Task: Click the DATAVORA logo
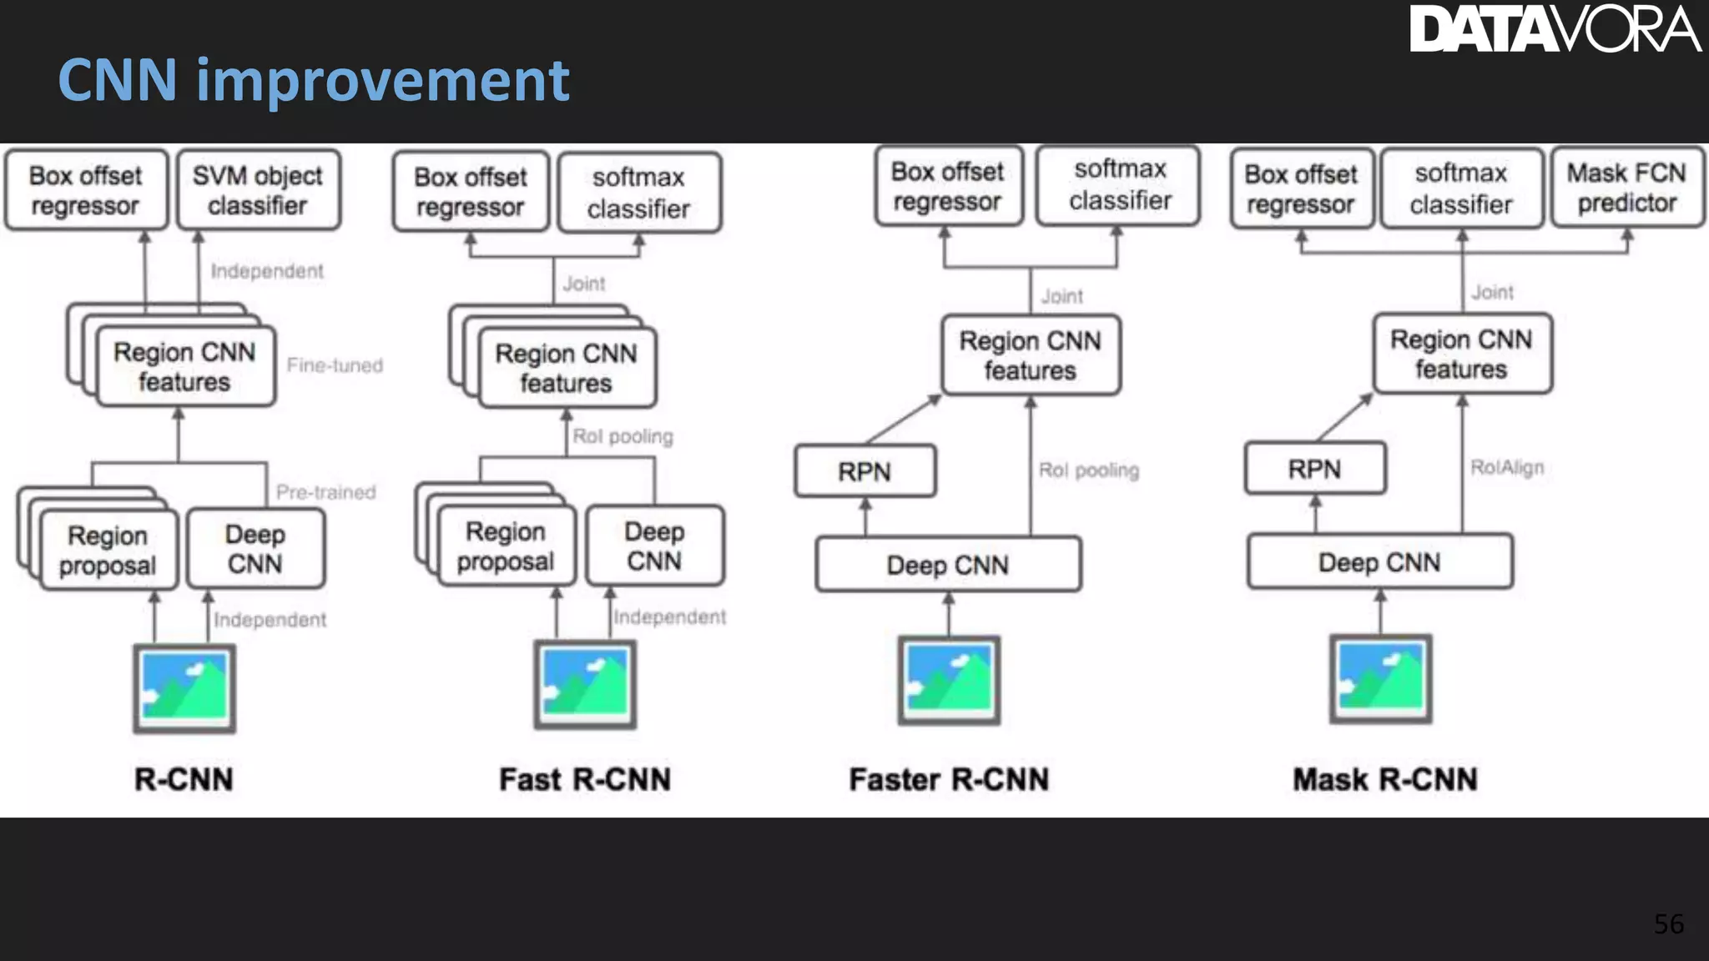coord(1554,29)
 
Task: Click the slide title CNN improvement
coord(313,80)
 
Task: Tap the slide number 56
coord(1668,923)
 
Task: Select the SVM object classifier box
coord(258,190)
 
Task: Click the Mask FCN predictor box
coord(1626,188)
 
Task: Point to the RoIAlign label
coord(1507,467)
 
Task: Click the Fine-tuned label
coord(335,365)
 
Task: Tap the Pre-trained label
coord(325,492)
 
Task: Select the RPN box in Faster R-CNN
coord(865,471)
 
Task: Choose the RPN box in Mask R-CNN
coord(1314,469)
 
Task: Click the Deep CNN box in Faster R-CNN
coord(948,565)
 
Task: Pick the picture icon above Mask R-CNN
coord(1380,679)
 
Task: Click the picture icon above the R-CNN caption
coord(184,688)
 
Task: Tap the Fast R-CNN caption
coord(585,779)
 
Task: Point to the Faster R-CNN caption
coord(949,779)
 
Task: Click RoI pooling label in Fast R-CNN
coord(623,436)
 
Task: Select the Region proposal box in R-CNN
coord(108,550)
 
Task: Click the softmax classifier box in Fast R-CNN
coord(638,193)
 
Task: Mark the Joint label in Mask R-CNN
coord(1492,293)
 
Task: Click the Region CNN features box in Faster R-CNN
coord(1030,355)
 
